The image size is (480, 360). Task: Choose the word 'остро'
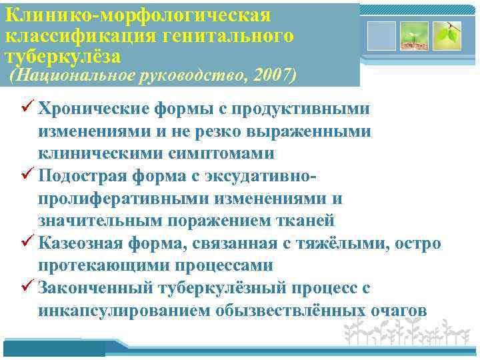click(417, 243)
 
